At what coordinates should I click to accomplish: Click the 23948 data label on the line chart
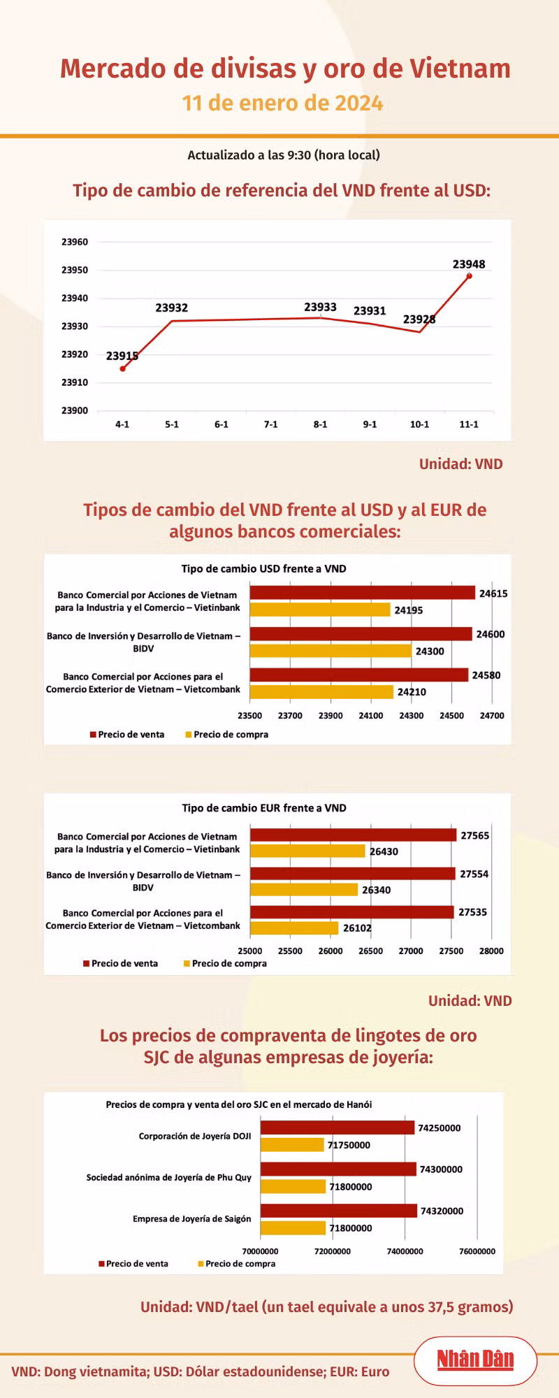tap(469, 264)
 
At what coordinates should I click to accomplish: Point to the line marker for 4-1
tap(122, 369)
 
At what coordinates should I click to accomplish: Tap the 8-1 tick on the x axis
tap(320, 424)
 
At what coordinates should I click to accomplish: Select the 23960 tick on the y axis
tap(75, 242)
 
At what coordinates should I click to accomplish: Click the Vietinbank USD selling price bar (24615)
tap(363, 593)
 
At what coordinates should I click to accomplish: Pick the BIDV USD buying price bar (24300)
tap(331, 651)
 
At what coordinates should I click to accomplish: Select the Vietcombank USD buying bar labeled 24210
tap(321, 692)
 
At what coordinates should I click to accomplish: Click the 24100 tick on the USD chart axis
tap(371, 716)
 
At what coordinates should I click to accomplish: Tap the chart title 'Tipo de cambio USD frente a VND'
tap(264, 568)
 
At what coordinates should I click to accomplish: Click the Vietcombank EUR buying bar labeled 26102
tap(294, 928)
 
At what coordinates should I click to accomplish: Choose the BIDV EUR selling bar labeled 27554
tap(353, 874)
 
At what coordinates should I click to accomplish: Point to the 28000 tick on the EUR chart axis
tap(491, 951)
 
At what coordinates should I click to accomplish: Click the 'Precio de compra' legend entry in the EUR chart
tap(225, 963)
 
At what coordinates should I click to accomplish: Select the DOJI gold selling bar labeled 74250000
tap(337, 1127)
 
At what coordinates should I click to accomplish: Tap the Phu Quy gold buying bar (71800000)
tap(293, 1186)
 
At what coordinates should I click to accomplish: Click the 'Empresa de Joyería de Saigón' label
tap(192, 1218)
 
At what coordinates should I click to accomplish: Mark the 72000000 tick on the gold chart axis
tap(333, 1251)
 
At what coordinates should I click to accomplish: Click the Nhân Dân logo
tap(476, 1360)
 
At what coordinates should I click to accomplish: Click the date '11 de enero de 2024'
tap(282, 103)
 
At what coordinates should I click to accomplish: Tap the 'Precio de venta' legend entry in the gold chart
tap(133, 1264)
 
